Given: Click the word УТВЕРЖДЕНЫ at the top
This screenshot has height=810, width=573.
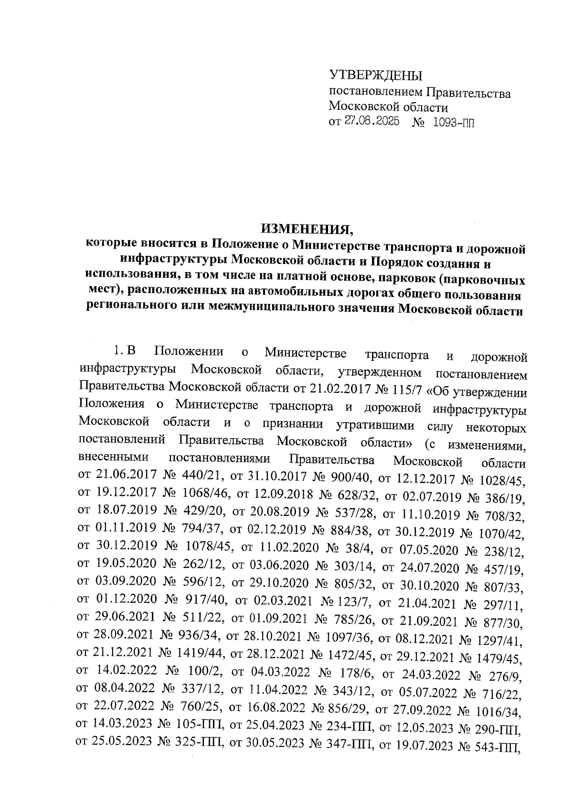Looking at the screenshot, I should (376, 76).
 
